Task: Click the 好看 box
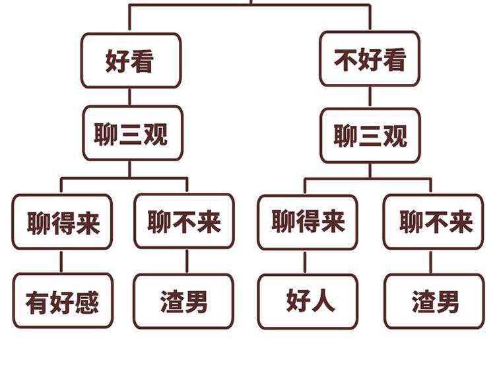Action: (131, 61)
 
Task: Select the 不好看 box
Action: (370, 59)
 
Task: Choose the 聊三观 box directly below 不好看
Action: (370, 135)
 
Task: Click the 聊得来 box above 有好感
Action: (62, 222)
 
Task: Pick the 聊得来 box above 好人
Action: (308, 222)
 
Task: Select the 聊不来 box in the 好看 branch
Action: (184, 221)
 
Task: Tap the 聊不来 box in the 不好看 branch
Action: (434, 222)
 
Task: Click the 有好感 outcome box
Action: (63, 301)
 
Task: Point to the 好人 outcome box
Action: (308, 301)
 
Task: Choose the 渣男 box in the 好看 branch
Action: (183, 301)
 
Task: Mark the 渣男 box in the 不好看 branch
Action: (434, 301)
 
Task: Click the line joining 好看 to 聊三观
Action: (129, 97)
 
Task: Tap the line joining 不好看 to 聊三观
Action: (370, 98)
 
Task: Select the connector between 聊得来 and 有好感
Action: (61, 262)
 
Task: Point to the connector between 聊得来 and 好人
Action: (305, 262)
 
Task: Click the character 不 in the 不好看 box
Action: (346, 60)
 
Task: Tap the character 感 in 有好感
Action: (86, 302)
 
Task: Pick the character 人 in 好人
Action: (322, 300)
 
